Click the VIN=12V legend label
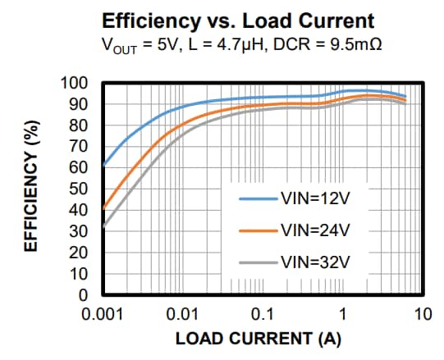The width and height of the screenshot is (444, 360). (x=318, y=198)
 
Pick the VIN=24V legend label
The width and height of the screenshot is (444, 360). (x=318, y=230)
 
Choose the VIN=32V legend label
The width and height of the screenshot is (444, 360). (x=318, y=263)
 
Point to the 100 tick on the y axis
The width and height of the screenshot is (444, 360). (x=76, y=84)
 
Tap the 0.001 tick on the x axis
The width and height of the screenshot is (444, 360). (x=103, y=315)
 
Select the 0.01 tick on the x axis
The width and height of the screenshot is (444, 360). (x=183, y=315)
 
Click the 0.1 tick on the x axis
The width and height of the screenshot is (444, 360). (x=263, y=315)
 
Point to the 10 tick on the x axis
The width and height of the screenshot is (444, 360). (x=423, y=315)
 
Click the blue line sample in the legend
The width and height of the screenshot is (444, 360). (x=259, y=198)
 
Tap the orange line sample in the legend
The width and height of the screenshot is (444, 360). (x=259, y=230)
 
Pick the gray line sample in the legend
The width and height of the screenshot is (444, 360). (x=259, y=263)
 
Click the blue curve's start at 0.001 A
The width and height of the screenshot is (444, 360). (x=103, y=165)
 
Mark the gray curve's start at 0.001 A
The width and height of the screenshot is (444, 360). (x=103, y=226)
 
